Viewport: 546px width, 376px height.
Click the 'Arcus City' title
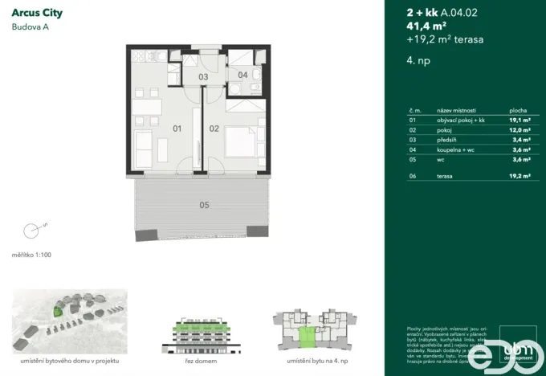pyautogui.click(x=38, y=13)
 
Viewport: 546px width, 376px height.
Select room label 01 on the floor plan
pyautogui.click(x=177, y=128)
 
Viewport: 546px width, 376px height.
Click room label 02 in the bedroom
pyautogui.click(x=214, y=128)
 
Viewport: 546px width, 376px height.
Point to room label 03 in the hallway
pyautogui.click(x=204, y=77)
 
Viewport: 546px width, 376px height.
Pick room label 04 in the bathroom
pyautogui.click(x=243, y=75)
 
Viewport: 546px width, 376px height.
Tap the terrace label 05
pyautogui.click(x=204, y=206)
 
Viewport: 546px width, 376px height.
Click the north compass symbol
pyautogui.click(x=32, y=231)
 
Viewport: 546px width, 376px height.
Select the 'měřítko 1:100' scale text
pyautogui.click(x=31, y=255)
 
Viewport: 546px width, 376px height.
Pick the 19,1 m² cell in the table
pyautogui.click(x=520, y=119)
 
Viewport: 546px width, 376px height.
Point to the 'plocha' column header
pyautogui.click(x=518, y=109)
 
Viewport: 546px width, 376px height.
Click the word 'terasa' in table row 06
pyautogui.click(x=446, y=174)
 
